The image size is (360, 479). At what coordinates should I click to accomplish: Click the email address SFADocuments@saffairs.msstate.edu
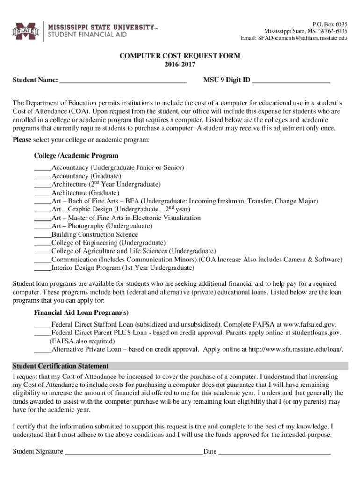(x=294, y=38)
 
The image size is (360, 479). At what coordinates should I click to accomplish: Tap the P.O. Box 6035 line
(x=329, y=24)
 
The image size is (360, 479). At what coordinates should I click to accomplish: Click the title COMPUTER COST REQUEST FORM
(x=180, y=56)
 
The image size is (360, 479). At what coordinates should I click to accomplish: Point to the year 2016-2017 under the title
(x=180, y=65)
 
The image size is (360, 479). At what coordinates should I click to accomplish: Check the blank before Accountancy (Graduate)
(x=43, y=176)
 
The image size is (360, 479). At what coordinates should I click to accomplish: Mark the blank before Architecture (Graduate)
(x=43, y=193)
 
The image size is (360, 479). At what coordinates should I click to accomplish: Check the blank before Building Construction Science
(x=43, y=235)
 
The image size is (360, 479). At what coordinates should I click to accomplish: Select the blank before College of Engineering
(x=43, y=243)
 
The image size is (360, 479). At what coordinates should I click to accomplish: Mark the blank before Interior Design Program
(x=43, y=269)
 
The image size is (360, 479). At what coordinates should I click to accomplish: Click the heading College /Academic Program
(x=76, y=156)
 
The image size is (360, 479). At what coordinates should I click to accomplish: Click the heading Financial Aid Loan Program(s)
(x=81, y=312)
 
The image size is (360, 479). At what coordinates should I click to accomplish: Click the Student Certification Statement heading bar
(x=180, y=366)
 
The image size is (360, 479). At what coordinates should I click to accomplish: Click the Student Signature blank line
(x=134, y=452)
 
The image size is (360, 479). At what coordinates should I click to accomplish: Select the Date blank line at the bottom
(x=274, y=452)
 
